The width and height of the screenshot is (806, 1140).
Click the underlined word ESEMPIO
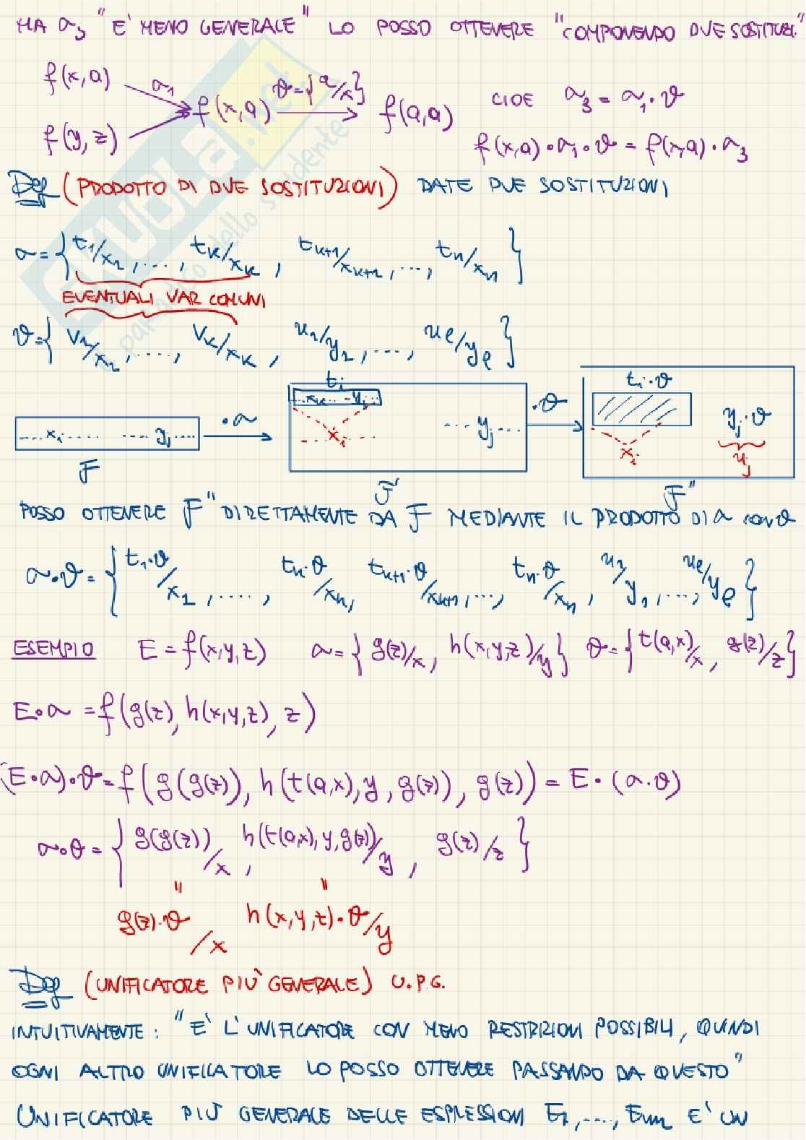coord(53,649)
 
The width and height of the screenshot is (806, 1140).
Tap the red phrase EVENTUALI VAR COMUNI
coord(164,299)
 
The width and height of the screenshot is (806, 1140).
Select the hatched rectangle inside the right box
coord(641,410)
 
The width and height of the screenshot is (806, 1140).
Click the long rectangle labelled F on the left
coord(107,436)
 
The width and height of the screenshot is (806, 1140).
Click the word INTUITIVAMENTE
coord(86,1032)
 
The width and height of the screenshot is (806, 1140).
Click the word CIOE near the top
coord(513,99)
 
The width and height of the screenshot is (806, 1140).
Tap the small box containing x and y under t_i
coord(337,397)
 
